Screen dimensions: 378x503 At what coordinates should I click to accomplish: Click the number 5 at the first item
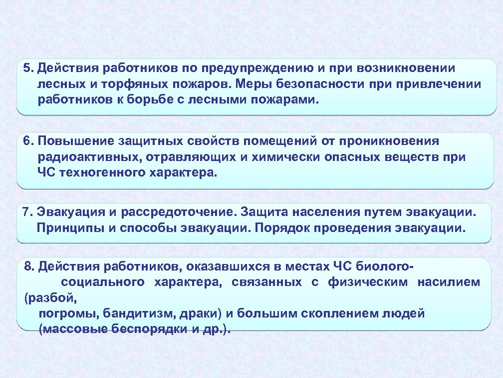[x=26, y=68]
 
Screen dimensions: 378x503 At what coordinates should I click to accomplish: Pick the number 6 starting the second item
[x=26, y=141]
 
